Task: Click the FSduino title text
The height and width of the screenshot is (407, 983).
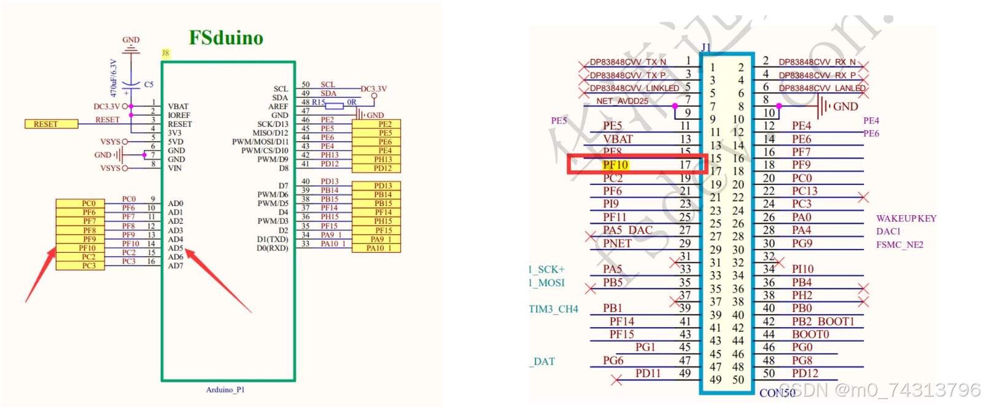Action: pos(226,38)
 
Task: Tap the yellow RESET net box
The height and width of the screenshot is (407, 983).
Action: pos(51,124)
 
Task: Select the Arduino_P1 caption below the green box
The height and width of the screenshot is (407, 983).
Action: pos(225,390)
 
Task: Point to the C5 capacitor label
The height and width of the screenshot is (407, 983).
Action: pos(149,84)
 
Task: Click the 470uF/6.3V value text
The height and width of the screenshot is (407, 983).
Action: pos(113,78)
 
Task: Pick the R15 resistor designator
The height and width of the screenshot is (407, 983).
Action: pos(318,102)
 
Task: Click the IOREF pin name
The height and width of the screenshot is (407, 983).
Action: pos(179,115)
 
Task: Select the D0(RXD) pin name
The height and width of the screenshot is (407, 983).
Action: pos(272,248)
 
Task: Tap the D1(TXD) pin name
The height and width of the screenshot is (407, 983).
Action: pos(272,239)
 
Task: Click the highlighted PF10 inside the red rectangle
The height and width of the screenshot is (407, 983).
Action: pos(615,165)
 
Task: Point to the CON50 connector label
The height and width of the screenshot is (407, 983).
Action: pos(777,392)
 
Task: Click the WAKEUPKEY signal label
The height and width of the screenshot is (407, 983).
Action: pos(906,218)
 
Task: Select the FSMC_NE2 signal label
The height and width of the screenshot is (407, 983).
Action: pos(899,245)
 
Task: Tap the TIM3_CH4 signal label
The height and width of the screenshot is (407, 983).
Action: pos(553,309)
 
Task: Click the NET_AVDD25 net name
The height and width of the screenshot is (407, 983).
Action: pos(622,101)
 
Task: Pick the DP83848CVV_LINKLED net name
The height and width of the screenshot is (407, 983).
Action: pos(634,88)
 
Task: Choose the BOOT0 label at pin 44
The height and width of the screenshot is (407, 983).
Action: pos(810,334)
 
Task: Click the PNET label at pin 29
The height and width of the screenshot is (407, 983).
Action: pos(617,243)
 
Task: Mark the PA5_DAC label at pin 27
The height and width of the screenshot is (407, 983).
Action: pos(627,230)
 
